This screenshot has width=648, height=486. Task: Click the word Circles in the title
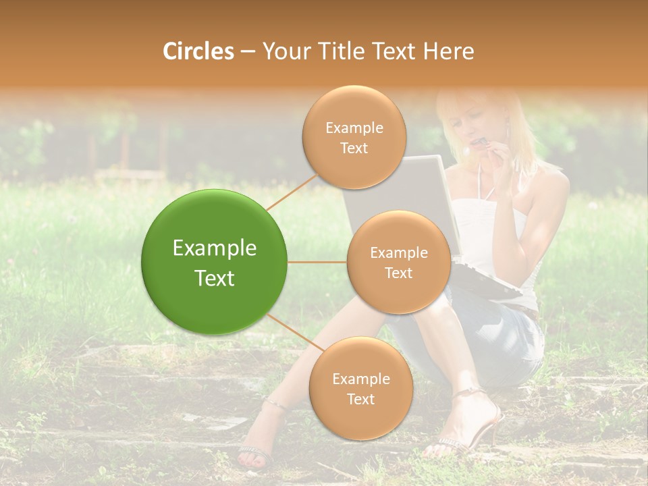pos(198,51)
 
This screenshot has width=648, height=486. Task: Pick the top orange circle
pos(354,137)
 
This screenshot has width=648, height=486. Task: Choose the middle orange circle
pos(398,262)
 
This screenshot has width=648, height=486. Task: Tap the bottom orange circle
pos(360,388)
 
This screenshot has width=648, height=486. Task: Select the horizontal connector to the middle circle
pos(317,262)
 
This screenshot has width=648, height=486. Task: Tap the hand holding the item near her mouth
pos(503,152)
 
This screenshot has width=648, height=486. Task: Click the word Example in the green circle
pos(215,248)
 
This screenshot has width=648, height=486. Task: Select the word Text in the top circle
pos(354,148)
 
